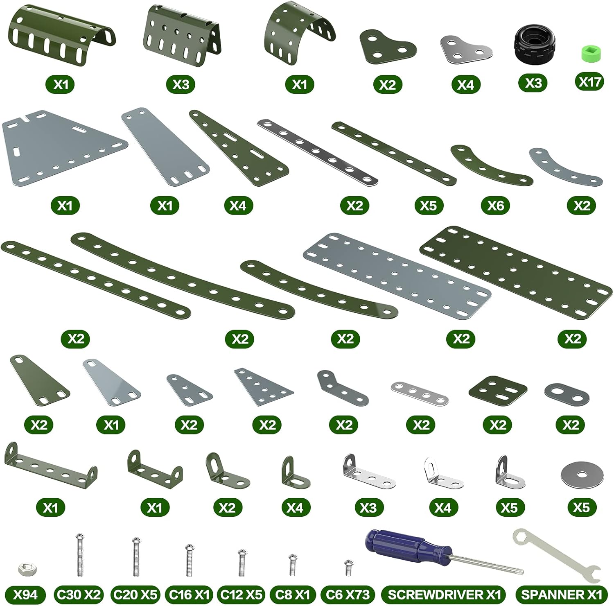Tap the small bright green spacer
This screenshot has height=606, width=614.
click(x=590, y=53)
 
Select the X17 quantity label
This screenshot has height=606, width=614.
click(x=590, y=82)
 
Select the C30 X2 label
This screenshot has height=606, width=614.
click(x=78, y=594)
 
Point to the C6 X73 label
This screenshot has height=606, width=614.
click(x=348, y=594)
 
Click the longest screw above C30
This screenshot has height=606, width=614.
click(x=80, y=554)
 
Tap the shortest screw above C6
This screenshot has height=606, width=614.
click(x=348, y=568)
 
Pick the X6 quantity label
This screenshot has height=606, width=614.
click(x=496, y=205)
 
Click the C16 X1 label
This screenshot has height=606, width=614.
click(x=189, y=594)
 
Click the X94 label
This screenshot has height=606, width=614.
click(x=25, y=594)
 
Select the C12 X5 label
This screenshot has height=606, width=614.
click(x=242, y=594)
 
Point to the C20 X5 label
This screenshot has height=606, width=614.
click(x=135, y=594)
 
